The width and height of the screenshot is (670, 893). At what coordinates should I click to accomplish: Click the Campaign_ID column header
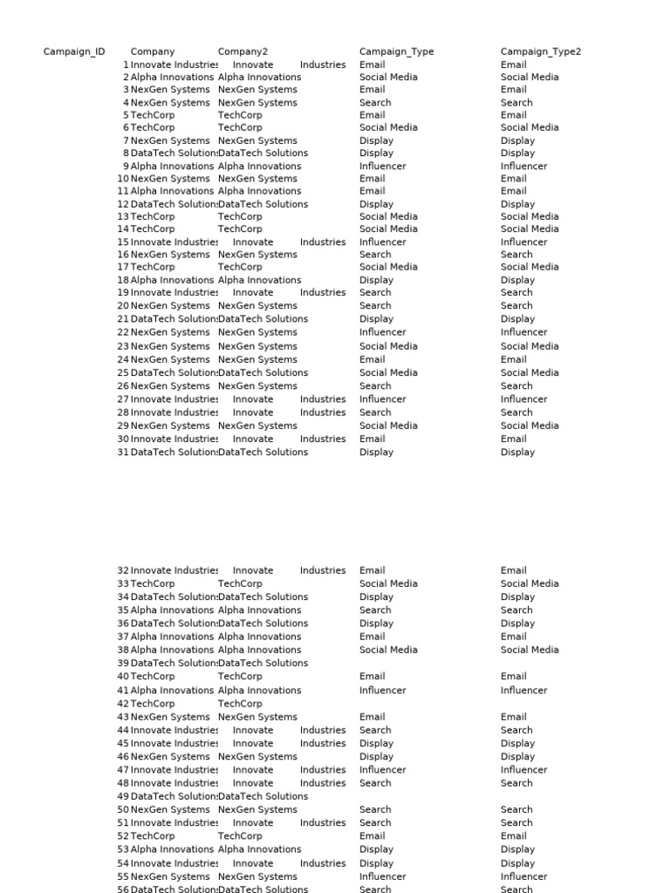pos(74,51)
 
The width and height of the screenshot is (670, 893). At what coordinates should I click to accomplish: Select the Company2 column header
pos(243,51)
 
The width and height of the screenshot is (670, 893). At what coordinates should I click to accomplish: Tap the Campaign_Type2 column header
pos(540,51)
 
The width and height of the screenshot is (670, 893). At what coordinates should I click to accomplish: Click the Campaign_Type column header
pos(396,51)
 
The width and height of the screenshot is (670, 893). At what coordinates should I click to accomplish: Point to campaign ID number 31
pos(122,453)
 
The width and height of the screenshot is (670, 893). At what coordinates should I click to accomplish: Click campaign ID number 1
pos(126,65)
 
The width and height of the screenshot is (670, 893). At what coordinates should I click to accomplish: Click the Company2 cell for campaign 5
pos(240,115)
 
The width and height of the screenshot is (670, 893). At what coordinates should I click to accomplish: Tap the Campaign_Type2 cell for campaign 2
pos(530,77)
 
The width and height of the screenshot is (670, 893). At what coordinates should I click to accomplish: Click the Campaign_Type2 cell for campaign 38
pos(530,650)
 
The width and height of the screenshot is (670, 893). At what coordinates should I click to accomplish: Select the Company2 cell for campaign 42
pos(240,704)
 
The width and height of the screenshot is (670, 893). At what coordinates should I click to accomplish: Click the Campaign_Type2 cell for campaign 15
pos(523,242)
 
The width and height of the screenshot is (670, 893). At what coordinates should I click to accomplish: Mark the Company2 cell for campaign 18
pos(259,280)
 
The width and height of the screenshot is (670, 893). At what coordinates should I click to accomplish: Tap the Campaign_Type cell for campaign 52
pos(372,836)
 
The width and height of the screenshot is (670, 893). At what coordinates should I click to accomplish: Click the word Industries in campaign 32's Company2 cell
pos(323,570)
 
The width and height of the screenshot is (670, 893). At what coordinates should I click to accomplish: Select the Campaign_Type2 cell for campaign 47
pos(523,770)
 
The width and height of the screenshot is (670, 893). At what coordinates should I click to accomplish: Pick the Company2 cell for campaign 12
pos(263,204)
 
